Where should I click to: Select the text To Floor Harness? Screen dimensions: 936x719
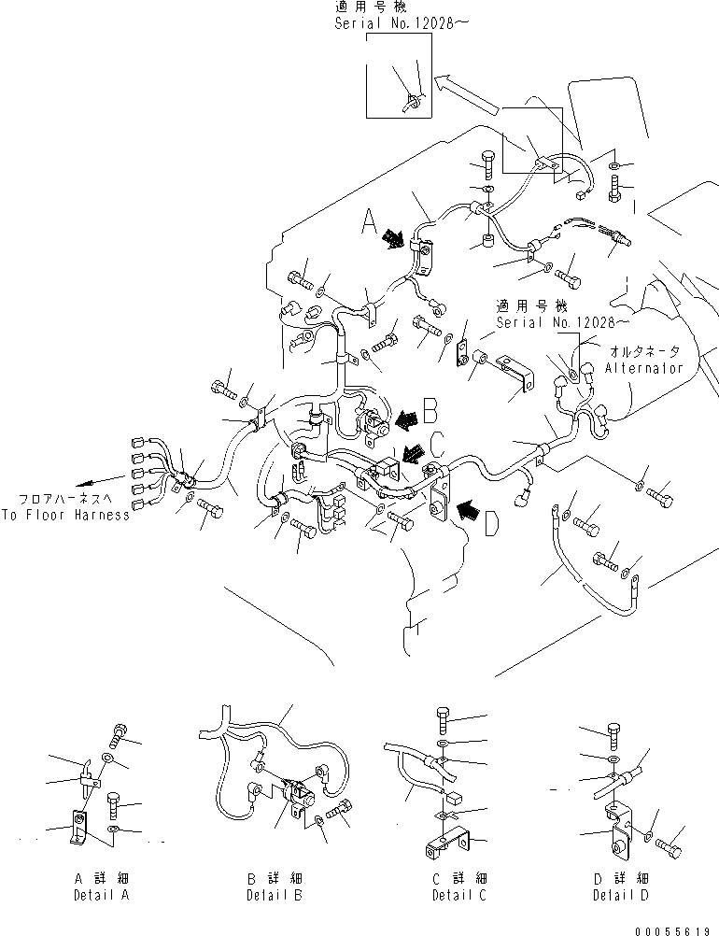(x=64, y=515)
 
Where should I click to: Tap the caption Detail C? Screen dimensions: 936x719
(x=452, y=895)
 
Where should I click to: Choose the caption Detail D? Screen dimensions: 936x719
(x=619, y=895)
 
